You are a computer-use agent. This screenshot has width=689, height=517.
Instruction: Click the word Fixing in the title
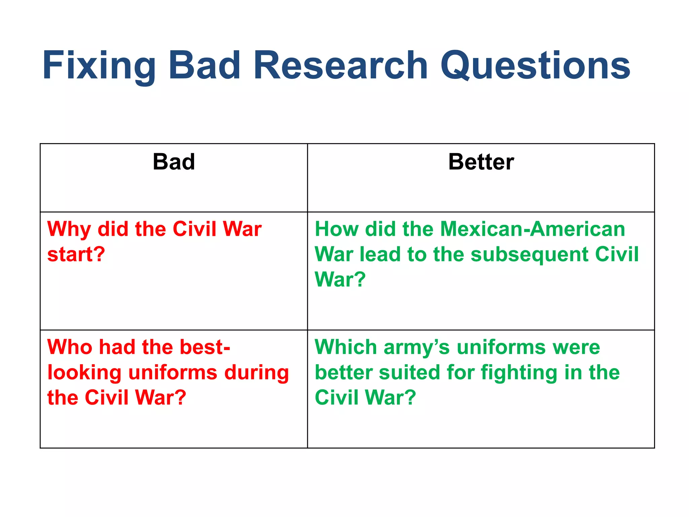[99, 66]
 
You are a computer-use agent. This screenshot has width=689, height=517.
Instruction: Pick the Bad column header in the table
[174, 162]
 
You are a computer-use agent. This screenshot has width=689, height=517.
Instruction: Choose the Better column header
[481, 162]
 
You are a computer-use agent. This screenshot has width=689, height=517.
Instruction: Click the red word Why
[69, 230]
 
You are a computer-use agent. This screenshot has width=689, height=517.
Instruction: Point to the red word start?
[76, 254]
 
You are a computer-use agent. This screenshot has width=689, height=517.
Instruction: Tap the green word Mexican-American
[533, 229]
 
